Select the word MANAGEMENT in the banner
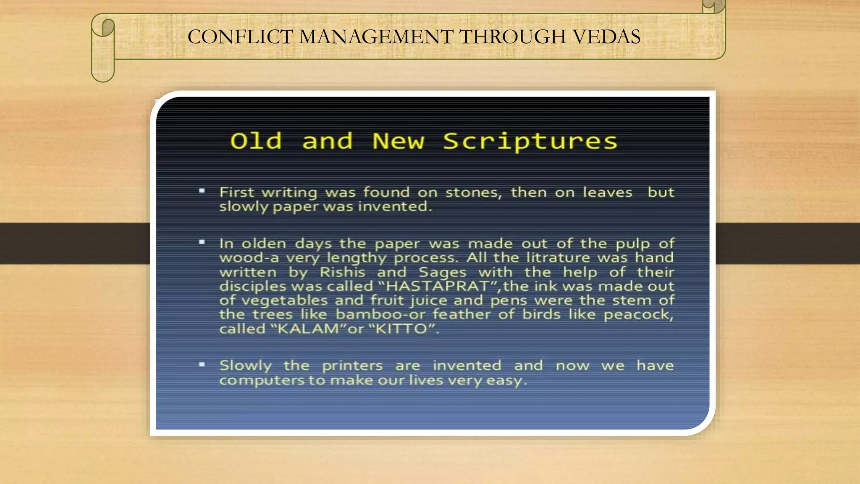coord(376,37)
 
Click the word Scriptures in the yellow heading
coord(530,142)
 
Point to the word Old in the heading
coord(256,141)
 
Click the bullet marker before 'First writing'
coord(202,191)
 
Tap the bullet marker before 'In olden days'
coord(202,242)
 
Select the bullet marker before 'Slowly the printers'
coord(202,364)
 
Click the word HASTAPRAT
coord(437,287)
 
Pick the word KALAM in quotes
coord(308,329)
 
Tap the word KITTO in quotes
coord(401,329)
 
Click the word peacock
coord(638,315)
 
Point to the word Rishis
coord(342,272)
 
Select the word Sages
coord(443,272)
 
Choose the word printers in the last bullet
coord(352,366)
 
